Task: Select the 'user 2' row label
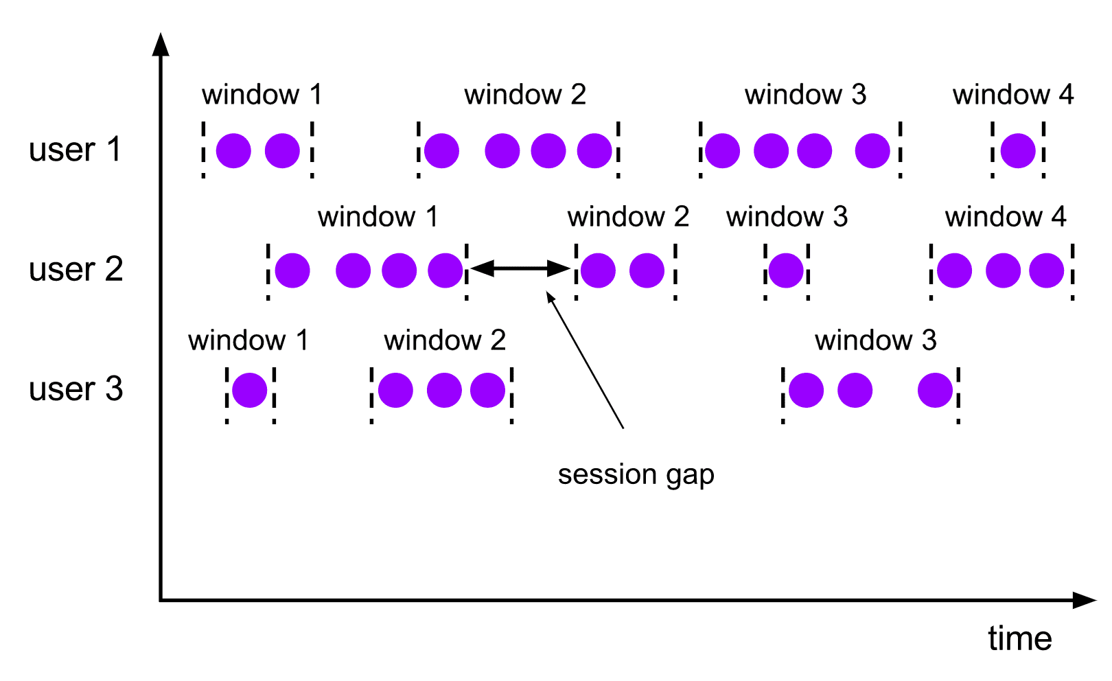76,269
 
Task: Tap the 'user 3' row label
76,389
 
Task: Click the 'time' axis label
1019,638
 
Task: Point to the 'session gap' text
636,474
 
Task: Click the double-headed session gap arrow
520,268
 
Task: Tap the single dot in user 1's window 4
1017,151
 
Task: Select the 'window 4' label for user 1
1012,95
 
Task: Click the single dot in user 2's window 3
786,270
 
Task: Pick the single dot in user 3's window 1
249,391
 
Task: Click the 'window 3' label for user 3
875,340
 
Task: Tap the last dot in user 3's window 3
935,391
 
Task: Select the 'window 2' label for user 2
628,217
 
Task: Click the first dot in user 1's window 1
233,151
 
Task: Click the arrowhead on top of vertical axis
161,44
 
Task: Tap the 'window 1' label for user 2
378,217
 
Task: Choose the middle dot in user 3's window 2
444,391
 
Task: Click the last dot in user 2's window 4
1046,270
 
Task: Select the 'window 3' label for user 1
805,95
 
